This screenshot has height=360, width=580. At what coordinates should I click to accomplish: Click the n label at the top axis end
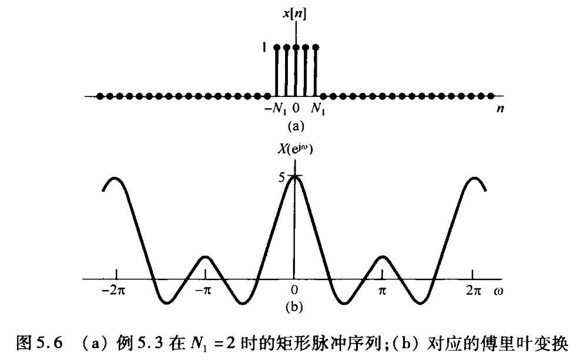pyautogui.click(x=501, y=110)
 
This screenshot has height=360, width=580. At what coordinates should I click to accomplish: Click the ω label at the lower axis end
pyautogui.click(x=498, y=292)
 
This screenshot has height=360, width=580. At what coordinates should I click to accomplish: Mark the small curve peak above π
pyautogui.click(x=383, y=257)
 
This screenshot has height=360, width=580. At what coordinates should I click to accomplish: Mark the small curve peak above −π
pyautogui.click(x=204, y=257)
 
